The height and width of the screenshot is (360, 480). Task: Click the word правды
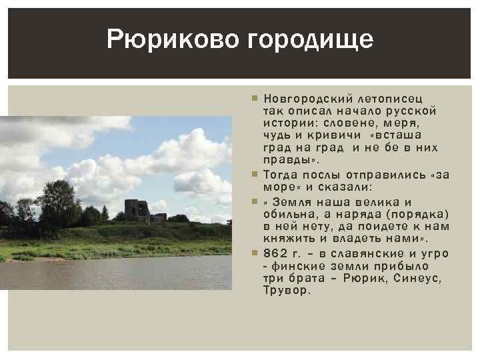[289, 160]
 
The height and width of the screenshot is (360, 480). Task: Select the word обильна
[291, 214]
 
